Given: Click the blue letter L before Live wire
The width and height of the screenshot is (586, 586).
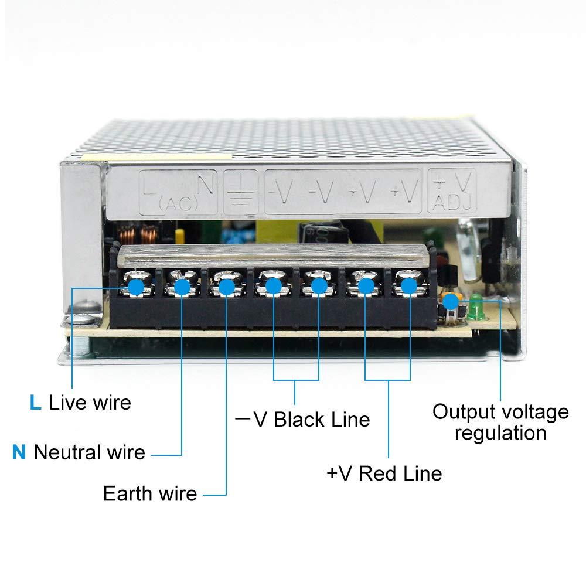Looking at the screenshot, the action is coord(35,403).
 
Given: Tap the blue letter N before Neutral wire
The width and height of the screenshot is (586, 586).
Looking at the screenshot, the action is coord(19,452).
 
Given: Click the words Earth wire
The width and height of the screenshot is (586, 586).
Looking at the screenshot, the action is coord(150,493).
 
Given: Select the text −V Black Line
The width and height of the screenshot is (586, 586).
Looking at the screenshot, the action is coord(302,420).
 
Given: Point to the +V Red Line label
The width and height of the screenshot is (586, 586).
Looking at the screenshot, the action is coord(384,473).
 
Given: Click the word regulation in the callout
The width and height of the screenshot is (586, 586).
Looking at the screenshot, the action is coord(500,434).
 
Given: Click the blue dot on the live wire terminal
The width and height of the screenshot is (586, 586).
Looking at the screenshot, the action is coord(136,287).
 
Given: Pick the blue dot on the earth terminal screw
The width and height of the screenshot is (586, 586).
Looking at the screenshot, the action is coord(226,287).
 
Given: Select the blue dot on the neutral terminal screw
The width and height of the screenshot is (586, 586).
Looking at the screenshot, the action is coord(182,287).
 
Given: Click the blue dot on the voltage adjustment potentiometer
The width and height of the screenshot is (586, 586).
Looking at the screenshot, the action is coord(450,301).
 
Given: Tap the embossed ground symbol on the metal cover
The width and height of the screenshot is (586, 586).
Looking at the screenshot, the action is coord(241,192).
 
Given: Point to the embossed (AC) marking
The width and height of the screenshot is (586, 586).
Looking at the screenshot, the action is coord(178,205).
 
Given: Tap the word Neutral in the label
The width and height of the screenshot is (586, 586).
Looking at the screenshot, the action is coord(67,452).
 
